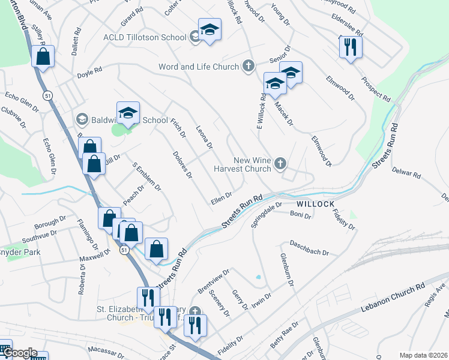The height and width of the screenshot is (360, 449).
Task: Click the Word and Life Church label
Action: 199,67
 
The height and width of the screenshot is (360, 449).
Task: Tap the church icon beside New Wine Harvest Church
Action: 280,163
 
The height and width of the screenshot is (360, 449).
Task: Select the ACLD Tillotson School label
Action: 145,37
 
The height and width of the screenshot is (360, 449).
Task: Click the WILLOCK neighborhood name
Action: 315,204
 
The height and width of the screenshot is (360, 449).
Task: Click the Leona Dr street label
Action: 205,137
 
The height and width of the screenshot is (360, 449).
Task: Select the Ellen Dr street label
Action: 221,199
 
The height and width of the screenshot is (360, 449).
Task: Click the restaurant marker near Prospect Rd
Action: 351,47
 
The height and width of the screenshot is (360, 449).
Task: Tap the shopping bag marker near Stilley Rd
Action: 43,57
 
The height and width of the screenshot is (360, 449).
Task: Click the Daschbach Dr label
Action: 309,248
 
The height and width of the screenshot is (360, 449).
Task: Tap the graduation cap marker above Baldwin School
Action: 128,112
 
